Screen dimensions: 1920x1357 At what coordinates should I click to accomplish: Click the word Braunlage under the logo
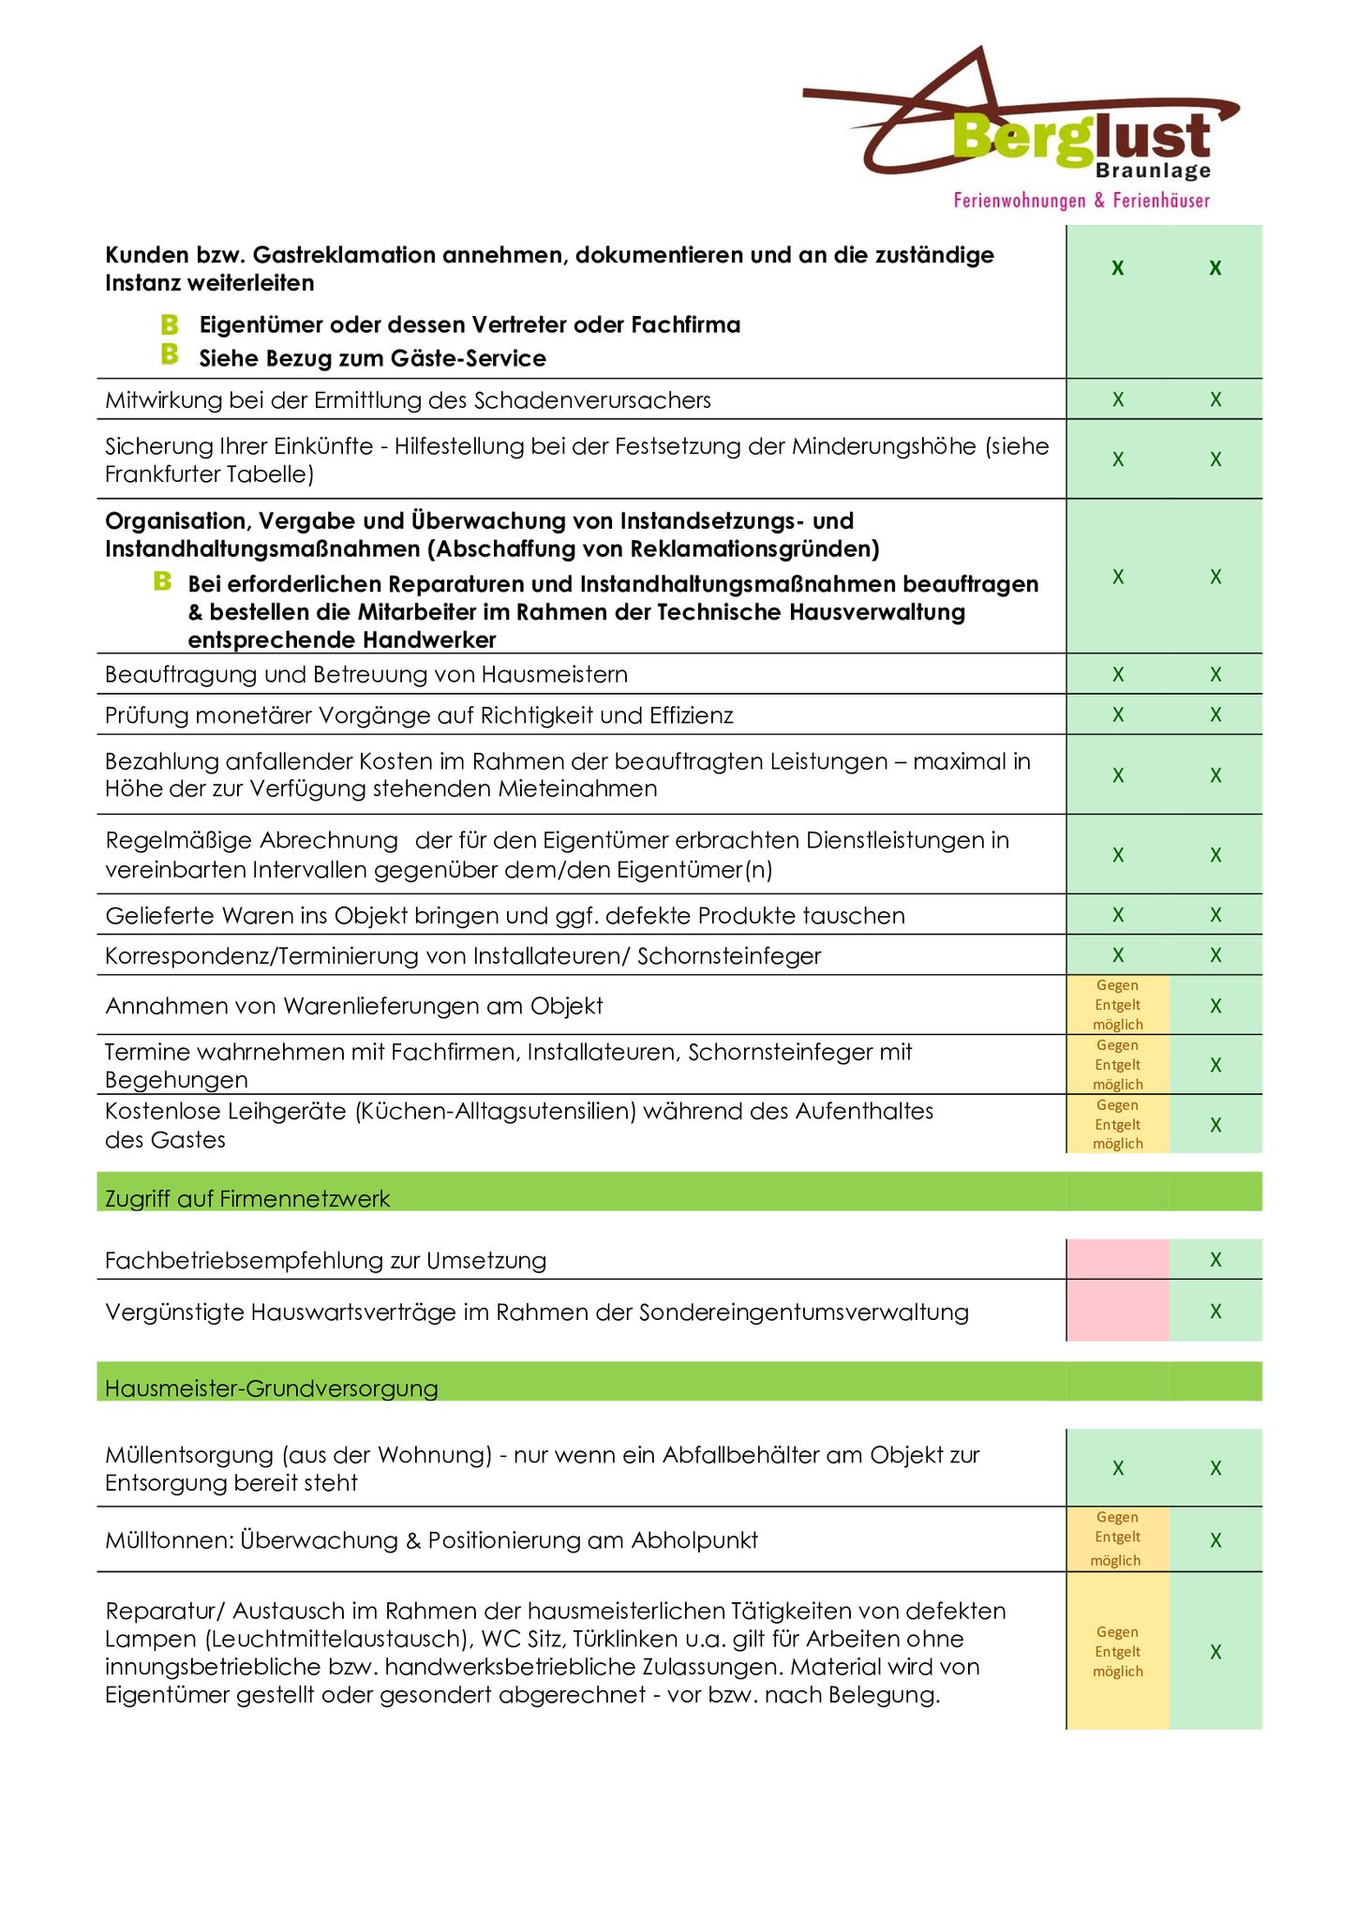click(x=1153, y=172)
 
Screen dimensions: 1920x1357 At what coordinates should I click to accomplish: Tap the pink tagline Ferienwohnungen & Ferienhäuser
click(x=1081, y=201)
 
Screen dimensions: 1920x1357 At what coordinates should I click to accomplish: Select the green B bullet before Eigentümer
click(x=170, y=324)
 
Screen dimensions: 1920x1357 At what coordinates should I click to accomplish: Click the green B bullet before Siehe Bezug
click(x=170, y=354)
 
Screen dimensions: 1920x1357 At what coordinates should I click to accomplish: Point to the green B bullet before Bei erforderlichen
click(x=162, y=582)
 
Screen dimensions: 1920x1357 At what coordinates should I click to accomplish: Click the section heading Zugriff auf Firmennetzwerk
click(x=247, y=1198)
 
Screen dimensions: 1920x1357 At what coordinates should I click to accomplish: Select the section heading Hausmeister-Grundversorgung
click(x=271, y=1387)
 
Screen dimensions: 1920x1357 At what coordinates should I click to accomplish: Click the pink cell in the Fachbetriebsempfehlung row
click(x=1117, y=1259)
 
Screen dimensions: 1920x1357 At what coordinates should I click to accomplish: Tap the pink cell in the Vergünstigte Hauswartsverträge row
click(x=1117, y=1311)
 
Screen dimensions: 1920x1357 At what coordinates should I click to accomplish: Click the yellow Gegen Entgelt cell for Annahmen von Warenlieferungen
click(x=1117, y=1005)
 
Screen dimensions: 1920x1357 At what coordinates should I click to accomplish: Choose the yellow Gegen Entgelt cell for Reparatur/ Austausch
click(x=1117, y=1651)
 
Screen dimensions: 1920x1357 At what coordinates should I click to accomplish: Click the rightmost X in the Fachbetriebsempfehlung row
click(x=1215, y=1259)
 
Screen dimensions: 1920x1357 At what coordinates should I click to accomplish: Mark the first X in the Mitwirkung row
click(x=1118, y=399)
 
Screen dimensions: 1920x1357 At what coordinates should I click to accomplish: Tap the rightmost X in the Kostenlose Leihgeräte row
click(x=1215, y=1124)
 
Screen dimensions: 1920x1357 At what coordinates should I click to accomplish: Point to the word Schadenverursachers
click(x=592, y=400)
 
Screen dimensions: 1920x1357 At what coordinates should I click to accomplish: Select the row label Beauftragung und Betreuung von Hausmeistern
click(x=366, y=674)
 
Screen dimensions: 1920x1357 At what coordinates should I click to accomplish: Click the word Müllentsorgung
click(x=190, y=1455)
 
